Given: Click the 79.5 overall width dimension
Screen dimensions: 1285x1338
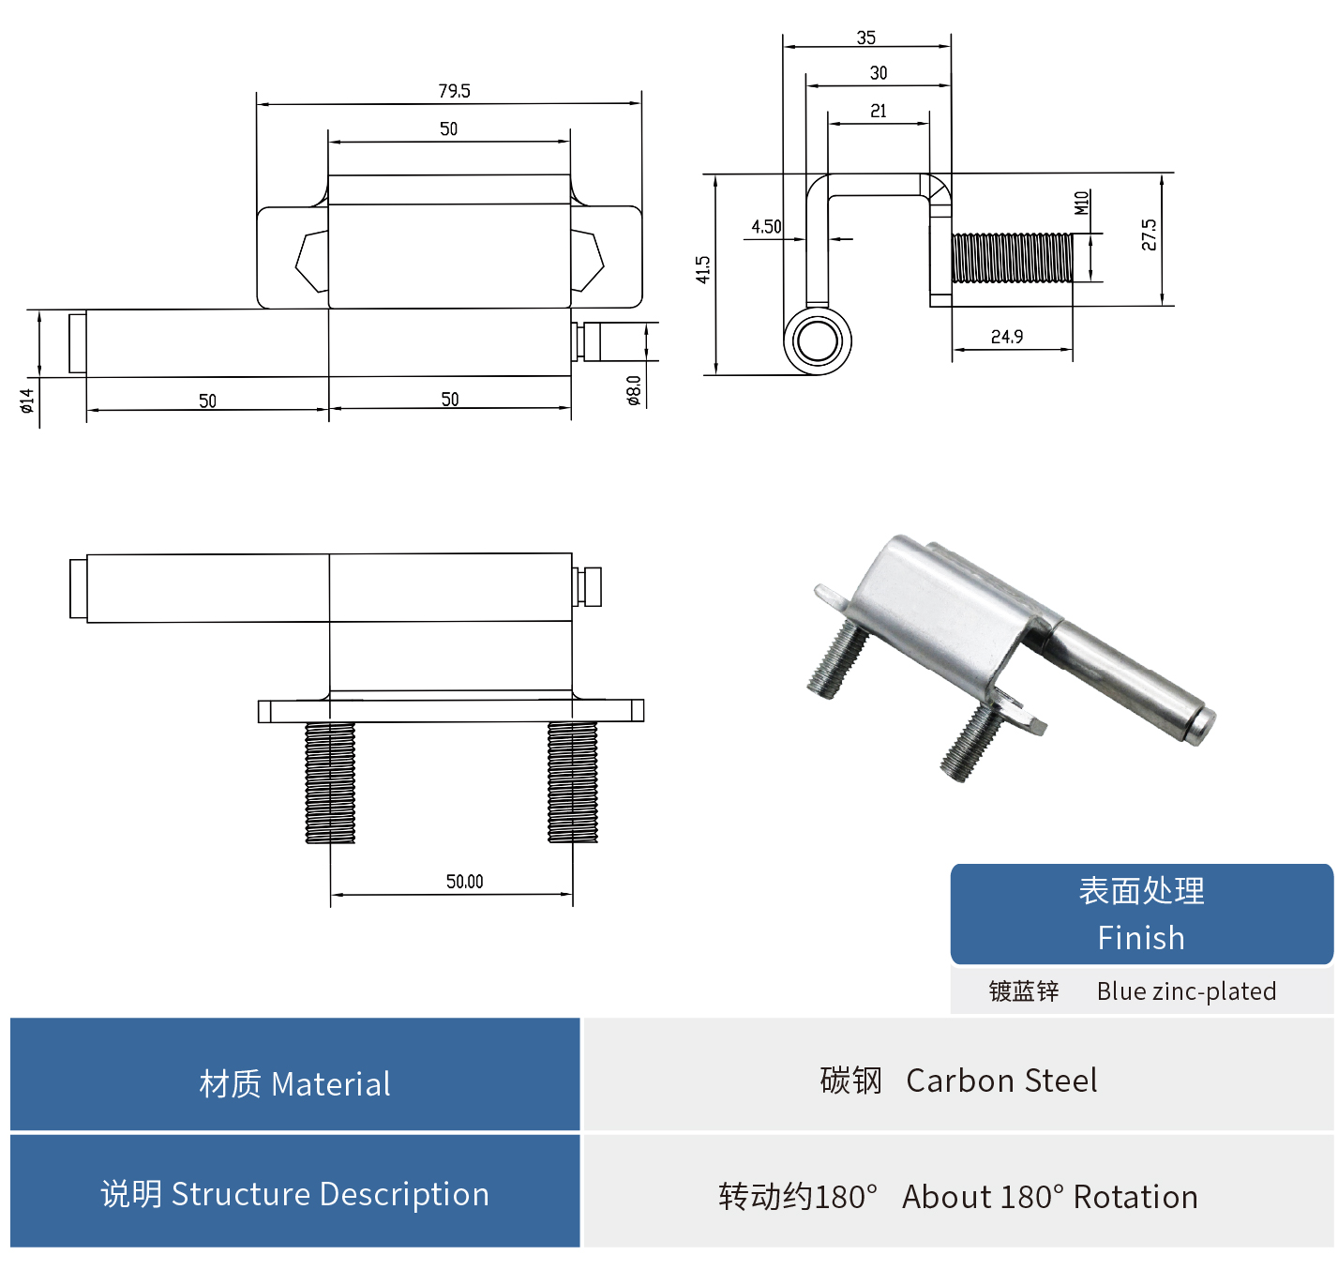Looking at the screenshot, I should click(x=454, y=91).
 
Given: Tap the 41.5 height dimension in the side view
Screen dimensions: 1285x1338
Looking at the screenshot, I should click(x=703, y=269).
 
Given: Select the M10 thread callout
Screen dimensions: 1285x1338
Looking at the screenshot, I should click(x=1081, y=203).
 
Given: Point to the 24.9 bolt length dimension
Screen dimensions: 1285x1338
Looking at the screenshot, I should click(x=1007, y=337).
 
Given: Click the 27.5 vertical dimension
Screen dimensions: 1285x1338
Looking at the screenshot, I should click(x=1149, y=234).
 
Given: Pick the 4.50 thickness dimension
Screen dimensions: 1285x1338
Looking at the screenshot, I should click(x=766, y=227).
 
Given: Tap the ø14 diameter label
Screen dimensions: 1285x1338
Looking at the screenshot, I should click(x=27, y=401).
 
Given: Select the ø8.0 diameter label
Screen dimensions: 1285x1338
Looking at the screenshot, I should click(x=635, y=390).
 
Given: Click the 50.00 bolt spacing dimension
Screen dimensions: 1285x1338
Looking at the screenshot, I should click(x=464, y=882).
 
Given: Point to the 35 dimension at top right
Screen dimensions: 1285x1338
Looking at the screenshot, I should click(x=866, y=38).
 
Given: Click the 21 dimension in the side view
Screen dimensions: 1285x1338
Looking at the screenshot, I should click(x=879, y=111).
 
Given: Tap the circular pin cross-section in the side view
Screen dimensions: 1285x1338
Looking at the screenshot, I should click(x=818, y=341).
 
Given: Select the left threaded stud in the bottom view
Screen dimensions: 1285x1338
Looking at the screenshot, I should click(x=330, y=781).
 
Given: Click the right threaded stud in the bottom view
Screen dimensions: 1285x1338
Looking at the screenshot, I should click(x=572, y=781).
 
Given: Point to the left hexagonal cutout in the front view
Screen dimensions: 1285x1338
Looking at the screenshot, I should click(x=312, y=261).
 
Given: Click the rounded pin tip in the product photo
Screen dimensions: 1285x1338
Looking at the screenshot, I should click(x=1200, y=725).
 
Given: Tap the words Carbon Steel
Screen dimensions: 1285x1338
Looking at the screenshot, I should click(x=1001, y=1081).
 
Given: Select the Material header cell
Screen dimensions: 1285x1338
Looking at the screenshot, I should click(x=294, y=1083).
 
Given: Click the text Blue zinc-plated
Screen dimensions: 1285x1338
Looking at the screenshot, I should click(x=1186, y=991).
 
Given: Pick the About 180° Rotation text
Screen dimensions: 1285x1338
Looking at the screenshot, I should click(x=1049, y=1197).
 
